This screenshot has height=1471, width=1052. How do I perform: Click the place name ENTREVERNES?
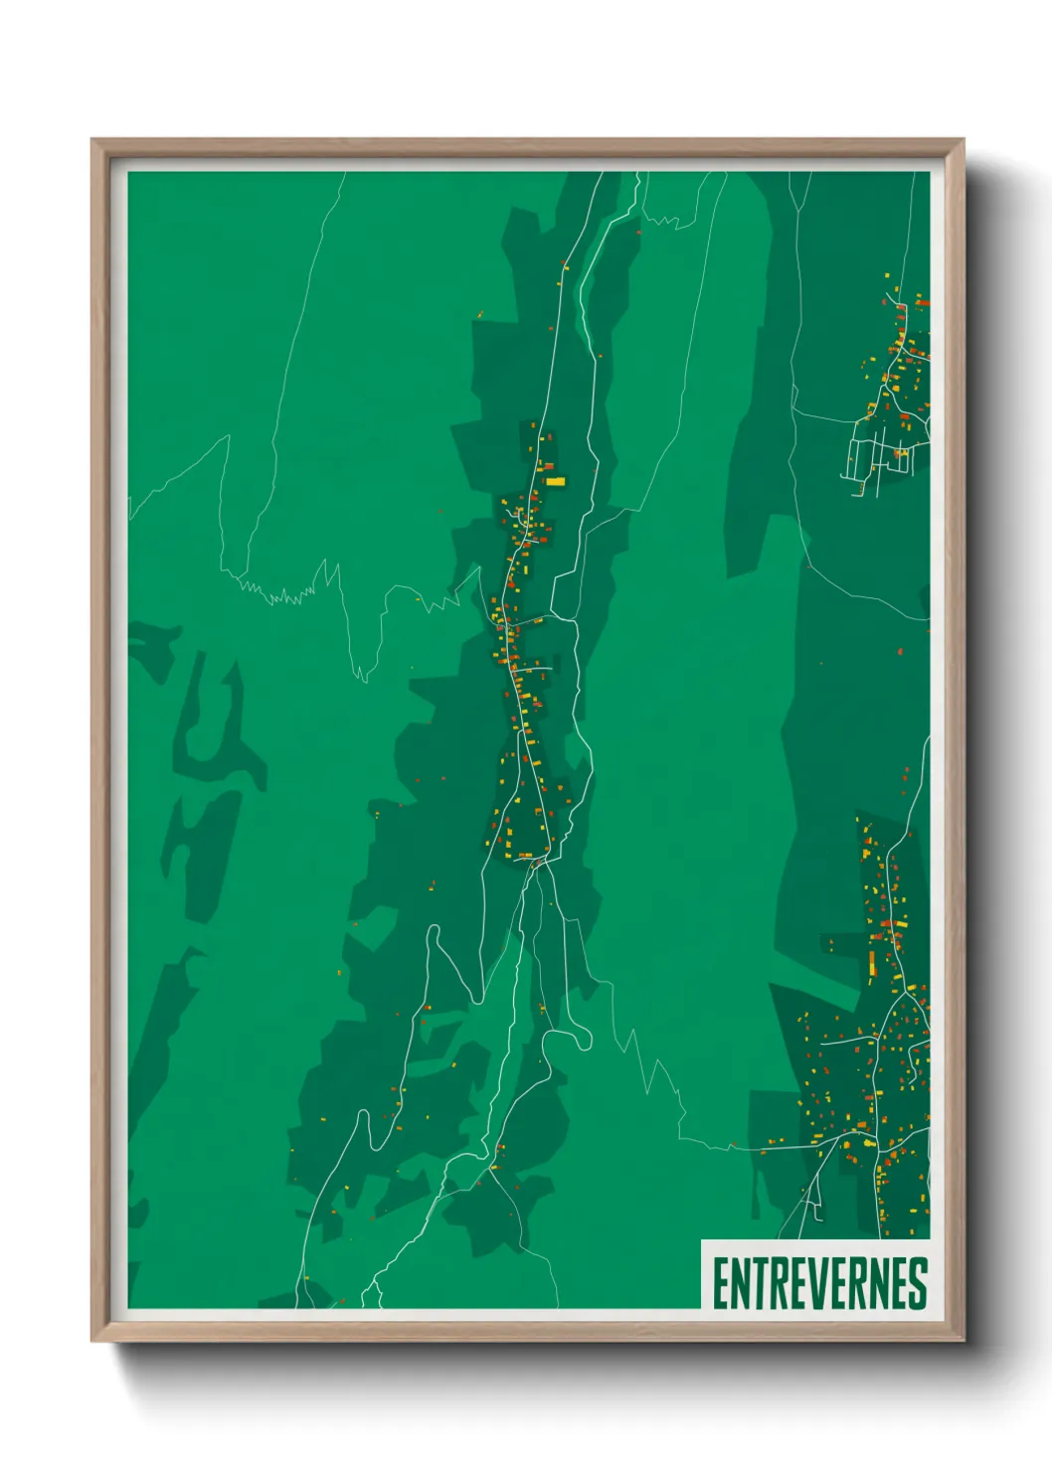click(x=819, y=1283)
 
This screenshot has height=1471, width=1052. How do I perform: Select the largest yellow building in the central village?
click(x=555, y=482)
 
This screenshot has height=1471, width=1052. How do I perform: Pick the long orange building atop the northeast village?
click(x=921, y=301)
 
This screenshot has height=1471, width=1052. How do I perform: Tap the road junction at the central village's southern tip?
click(x=537, y=863)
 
